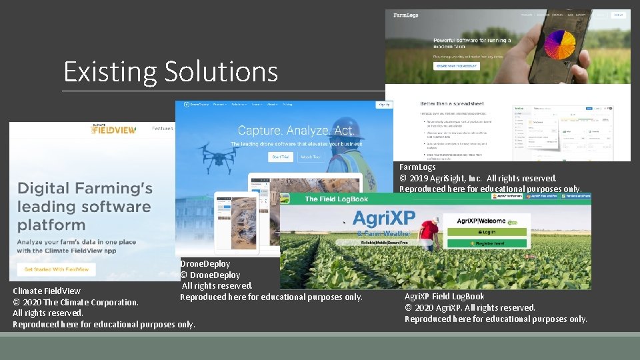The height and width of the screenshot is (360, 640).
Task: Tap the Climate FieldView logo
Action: pos(113,129)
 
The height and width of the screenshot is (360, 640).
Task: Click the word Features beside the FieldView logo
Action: pos(162,128)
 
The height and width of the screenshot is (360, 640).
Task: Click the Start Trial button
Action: pos(281,157)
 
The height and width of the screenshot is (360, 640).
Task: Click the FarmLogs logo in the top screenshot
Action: pos(405,15)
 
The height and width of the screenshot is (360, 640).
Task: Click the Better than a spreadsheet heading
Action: pos(451,105)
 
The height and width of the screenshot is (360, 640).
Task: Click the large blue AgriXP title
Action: pos(383,218)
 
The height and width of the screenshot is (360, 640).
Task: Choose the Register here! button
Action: pos(493,244)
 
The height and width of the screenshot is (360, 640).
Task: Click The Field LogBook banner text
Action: pos(336,199)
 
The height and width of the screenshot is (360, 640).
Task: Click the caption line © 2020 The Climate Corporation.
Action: pos(75,302)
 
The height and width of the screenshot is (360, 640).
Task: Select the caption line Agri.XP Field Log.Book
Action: pos(444,296)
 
